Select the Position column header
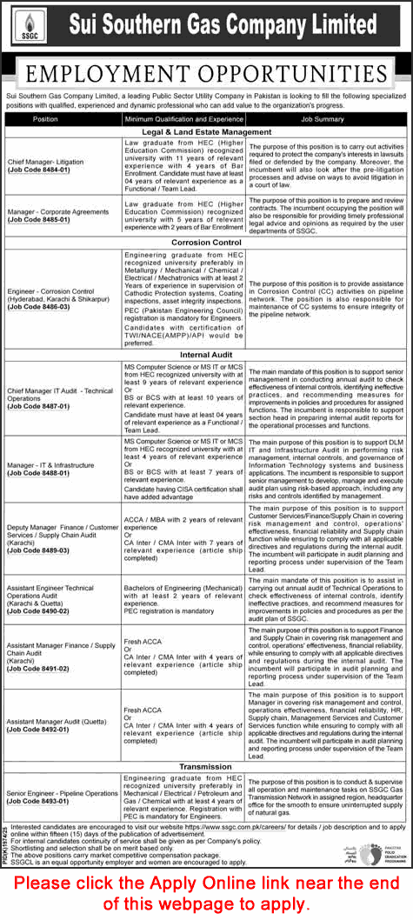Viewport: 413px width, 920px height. tap(45, 117)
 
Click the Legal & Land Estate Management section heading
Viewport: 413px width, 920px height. tap(206, 131)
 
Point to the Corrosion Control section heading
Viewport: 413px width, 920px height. tap(206, 242)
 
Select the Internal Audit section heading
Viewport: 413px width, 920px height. tap(206, 354)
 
